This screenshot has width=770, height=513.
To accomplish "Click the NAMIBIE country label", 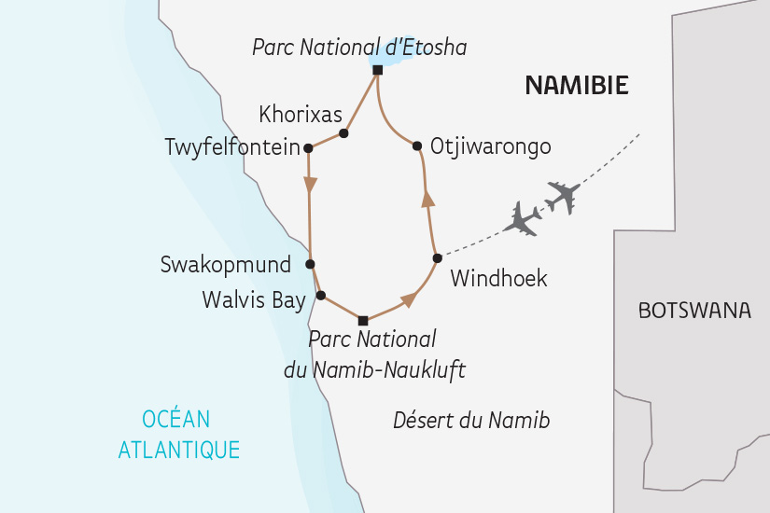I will [x=576, y=86].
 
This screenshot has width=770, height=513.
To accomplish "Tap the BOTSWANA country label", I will [x=694, y=311].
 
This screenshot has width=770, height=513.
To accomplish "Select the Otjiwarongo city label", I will [x=491, y=146].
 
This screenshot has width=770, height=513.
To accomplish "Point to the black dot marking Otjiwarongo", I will [x=415, y=145].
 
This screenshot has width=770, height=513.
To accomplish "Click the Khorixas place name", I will [x=301, y=115].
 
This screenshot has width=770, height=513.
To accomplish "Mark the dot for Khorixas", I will [x=343, y=133].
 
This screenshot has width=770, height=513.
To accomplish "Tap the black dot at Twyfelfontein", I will [x=307, y=147].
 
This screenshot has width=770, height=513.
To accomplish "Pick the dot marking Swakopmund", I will [x=310, y=264].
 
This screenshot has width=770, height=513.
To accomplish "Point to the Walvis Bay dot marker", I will [x=321, y=296].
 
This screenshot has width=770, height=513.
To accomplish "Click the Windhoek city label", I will [x=498, y=278].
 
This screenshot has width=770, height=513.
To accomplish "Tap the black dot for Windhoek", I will [x=436, y=257].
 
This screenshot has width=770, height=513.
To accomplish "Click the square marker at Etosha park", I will [x=377, y=70].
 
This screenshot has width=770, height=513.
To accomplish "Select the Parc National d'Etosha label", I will [x=359, y=46].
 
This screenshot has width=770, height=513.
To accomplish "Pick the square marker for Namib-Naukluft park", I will [x=363, y=321].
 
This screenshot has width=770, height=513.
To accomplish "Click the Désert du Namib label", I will [x=471, y=421].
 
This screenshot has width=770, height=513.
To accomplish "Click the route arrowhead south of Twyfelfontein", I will [x=308, y=186].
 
